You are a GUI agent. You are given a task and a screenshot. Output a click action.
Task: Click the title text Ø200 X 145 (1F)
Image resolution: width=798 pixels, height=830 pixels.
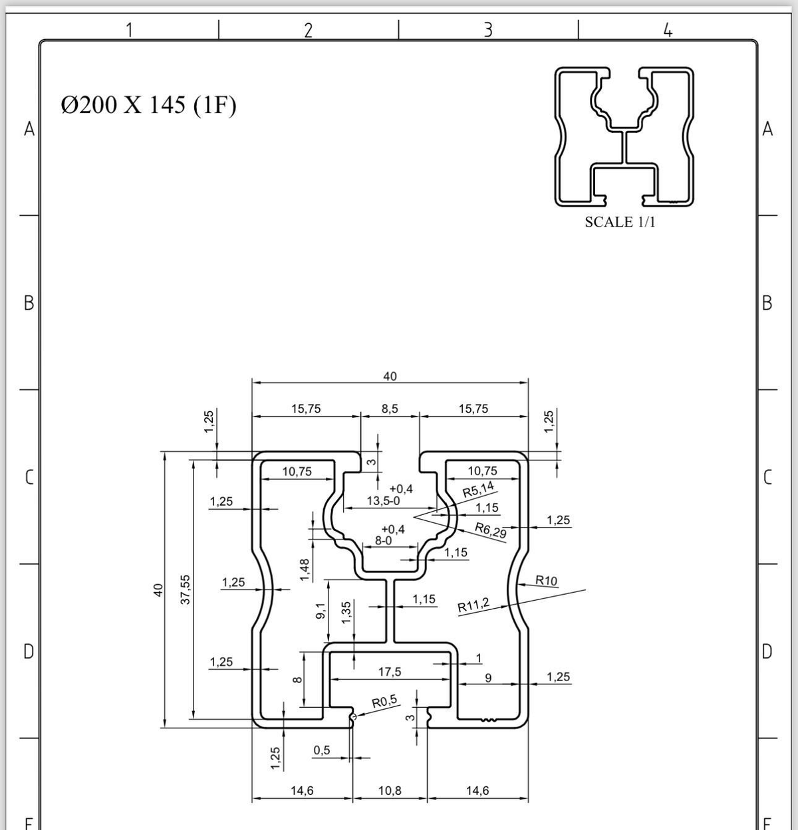click(x=148, y=105)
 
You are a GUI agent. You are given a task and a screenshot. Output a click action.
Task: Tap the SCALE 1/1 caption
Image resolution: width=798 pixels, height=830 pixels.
click(x=620, y=222)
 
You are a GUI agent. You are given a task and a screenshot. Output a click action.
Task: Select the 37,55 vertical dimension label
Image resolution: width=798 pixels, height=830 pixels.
click(x=186, y=590)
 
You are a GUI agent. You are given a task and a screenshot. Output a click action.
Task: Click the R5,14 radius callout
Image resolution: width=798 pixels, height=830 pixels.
click(x=478, y=489)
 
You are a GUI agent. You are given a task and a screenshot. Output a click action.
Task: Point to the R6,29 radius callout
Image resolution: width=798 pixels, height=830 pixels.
click(x=491, y=530)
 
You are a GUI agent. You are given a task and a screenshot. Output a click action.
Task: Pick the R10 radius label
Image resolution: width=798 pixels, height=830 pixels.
click(x=546, y=581)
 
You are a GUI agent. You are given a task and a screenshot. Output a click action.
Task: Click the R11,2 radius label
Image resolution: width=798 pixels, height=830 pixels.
click(x=473, y=605)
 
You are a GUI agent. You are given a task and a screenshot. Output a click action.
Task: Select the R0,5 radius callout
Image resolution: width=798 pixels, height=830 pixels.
click(x=384, y=701)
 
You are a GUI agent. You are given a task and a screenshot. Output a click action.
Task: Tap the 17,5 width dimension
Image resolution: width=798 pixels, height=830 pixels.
click(x=390, y=673)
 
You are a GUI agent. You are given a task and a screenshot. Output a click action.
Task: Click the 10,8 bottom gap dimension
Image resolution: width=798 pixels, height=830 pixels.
click(x=390, y=791)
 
